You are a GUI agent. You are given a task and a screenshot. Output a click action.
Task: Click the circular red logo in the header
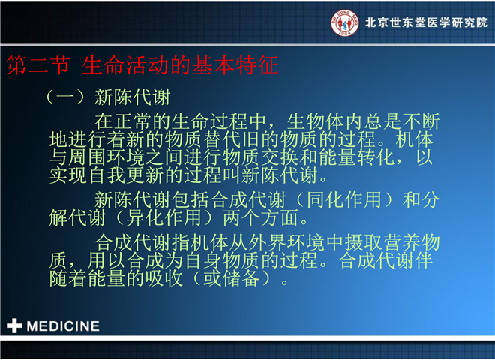point(345,22)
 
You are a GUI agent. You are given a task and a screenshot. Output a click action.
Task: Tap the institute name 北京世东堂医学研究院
point(426,22)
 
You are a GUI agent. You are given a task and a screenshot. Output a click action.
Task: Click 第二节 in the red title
point(38,65)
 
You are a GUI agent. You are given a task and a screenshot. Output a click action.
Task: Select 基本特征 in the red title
point(235,65)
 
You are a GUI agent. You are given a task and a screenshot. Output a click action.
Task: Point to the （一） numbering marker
point(65,97)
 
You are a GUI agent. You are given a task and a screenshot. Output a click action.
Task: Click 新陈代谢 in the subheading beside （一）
point(133,97)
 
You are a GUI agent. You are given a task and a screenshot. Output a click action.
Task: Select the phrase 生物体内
point(325,121)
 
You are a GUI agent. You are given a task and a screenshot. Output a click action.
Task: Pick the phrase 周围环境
point(106,157)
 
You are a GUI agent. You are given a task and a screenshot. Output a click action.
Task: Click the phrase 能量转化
point(357,157)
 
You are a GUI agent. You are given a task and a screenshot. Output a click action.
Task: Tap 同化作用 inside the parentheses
point(343,200)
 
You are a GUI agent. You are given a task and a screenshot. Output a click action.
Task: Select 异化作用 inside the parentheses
point(163,218)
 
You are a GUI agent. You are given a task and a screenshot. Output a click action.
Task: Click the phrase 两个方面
point(260,218)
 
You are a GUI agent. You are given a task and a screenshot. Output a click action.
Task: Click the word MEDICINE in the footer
point(63,326)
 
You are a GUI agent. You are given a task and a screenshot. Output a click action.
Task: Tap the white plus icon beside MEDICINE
point(14,325)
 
